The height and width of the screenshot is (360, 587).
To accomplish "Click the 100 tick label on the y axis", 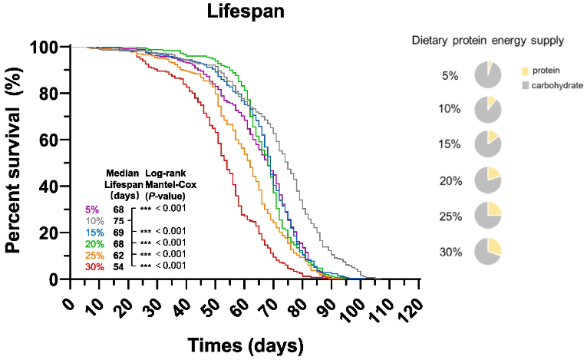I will click(x=44, y=47).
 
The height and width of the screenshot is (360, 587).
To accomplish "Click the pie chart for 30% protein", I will click(x=488, y=251).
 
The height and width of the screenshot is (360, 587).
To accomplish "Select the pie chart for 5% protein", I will click(x=488, y=74).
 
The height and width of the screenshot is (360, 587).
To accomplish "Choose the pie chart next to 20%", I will click(x=488, y=180).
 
